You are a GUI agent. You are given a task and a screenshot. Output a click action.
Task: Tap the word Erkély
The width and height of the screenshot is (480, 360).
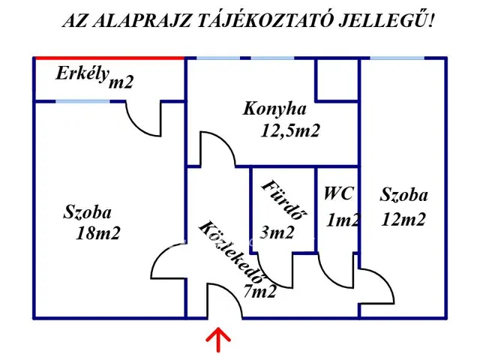pyautogui.click(x=82, y=73)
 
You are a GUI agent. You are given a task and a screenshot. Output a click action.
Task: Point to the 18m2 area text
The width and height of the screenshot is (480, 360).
pyautogui.click(x=97, y=233)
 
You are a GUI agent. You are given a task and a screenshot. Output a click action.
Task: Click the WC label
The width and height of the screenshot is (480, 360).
pyautogui.click(x=338, y=193)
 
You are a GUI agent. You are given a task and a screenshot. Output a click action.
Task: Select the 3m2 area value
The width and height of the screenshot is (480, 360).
pyautogui.click(x=277, y=232)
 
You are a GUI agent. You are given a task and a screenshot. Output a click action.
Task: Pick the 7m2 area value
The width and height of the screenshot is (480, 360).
pyautogui.click(x=259, y=290)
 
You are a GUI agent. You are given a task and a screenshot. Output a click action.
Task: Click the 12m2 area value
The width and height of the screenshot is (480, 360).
pyautogui.click(x=403, y=220)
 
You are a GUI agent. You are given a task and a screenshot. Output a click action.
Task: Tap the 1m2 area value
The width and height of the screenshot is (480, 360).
pyautogui.click(x=343, y=220)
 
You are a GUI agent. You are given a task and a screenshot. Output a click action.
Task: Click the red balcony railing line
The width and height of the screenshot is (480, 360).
pyautogui.click(x=109, y=58)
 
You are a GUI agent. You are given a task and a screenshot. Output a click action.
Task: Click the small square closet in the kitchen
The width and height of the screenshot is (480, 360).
pyautogui.click(x=337, y=79)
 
